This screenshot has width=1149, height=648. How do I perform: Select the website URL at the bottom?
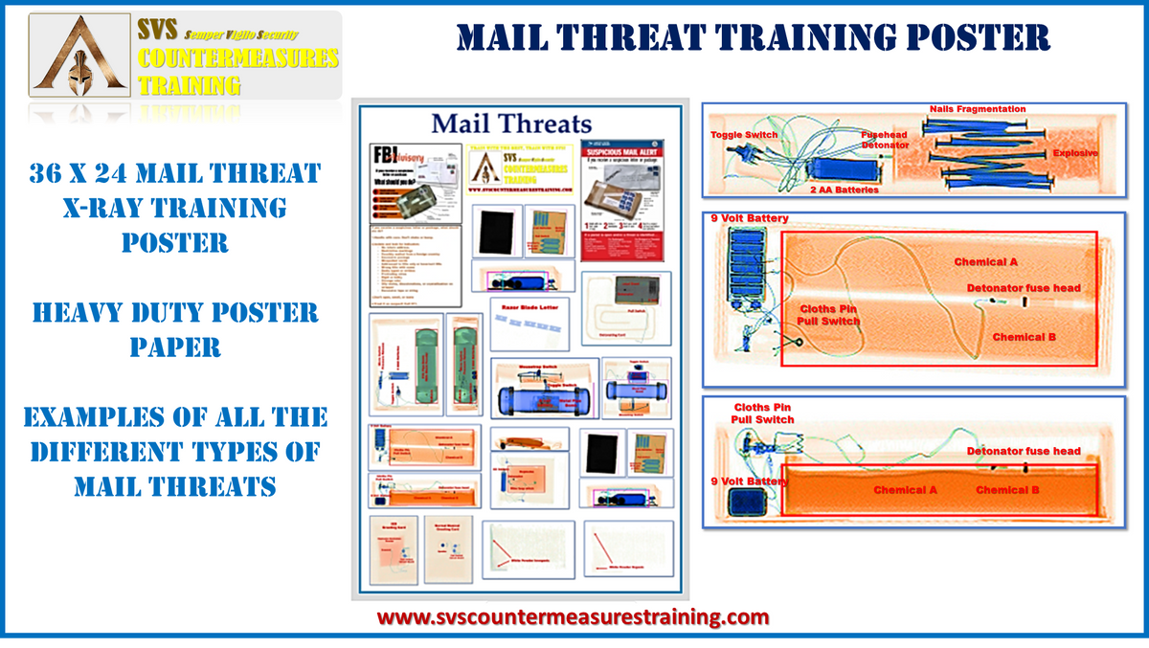tap(573, 616)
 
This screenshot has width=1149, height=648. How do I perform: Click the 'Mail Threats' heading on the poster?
tap(511, 123)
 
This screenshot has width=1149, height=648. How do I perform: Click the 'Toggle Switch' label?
tap(743, 135)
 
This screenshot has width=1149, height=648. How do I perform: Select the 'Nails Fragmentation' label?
tap(977, 109)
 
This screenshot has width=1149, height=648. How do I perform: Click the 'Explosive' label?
tap(1075, 153)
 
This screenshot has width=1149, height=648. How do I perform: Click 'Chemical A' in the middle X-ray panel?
tap(985, 260)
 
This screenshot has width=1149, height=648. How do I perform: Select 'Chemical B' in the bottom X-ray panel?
tap(1007, 490)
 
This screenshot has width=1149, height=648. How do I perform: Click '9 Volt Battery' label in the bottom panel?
tap(747, 481)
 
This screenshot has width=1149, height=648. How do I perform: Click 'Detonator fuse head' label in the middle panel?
tap(1024, 287)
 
